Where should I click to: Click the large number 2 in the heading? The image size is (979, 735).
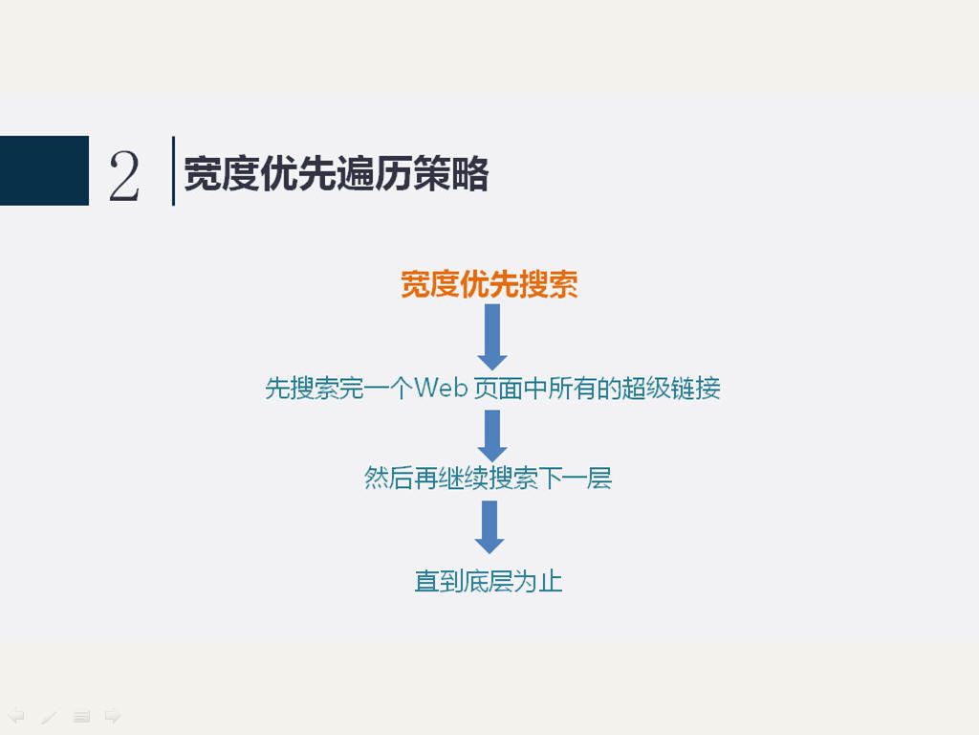click(x=123, y=177)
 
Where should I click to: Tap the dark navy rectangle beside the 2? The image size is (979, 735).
click(x=44, y=170)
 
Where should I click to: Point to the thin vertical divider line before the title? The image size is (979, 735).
click(x=173, y=170)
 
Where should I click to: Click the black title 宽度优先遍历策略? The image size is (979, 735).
click(x=336, y=173)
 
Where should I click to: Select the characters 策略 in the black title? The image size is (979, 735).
click(x=451, y=173)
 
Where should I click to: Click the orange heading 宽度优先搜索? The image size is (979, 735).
click(x=489, y=284)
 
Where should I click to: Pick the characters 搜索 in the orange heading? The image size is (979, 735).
click(x=548, y=284)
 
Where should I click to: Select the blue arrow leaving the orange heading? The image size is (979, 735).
click(x=492, y=337)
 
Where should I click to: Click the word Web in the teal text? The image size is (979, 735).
click(x=442, y=389)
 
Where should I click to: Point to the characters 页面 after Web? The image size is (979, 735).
click(x=497, y=389)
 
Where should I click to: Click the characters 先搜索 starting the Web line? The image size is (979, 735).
click(x=301, y=389)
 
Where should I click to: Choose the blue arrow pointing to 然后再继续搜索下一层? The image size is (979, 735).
click(x=492, y=435)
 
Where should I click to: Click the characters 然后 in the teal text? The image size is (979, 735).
click(x=388, y=479)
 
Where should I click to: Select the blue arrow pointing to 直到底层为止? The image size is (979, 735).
click(x=489, y=527)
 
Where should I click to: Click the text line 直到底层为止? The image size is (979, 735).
click(x=489, y=581)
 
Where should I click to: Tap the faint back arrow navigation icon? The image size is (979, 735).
click(x=17, y=716)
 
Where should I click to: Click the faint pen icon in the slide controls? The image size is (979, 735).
click(x=49, y=716)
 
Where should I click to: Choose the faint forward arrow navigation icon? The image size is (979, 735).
click(x=113, y=716)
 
